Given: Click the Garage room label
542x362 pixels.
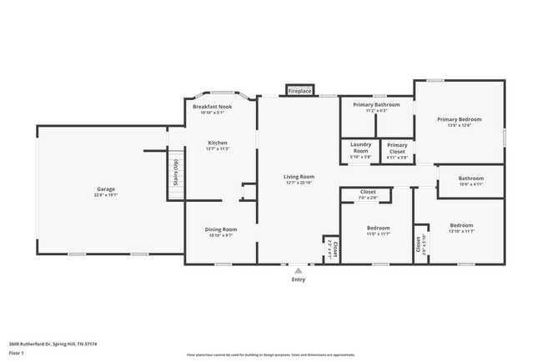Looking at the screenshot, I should coord(106,189).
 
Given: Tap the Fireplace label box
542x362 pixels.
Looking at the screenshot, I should coord(299,90).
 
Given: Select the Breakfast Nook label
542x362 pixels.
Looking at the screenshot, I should coord(213,107).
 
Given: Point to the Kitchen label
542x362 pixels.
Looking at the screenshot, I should coord(218,143).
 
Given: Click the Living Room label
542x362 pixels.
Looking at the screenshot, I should coord(299,176).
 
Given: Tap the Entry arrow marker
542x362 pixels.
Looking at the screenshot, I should coord(298,270).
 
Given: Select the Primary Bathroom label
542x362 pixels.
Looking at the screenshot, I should coord(376,104).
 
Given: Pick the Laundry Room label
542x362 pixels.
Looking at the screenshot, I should coord(360,146).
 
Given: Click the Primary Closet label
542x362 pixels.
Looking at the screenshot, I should coord(397,148).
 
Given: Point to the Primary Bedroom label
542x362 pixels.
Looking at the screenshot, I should coord(459,119).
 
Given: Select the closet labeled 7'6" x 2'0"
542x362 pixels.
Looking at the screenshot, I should coord(368,192).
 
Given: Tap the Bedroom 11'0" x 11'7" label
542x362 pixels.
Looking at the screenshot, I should coord(378,228).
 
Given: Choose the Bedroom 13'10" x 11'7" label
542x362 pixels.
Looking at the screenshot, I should coord(461,225).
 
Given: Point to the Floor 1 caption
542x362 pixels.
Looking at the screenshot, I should coord(17,353).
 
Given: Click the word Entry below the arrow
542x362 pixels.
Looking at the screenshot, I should coord(298,279).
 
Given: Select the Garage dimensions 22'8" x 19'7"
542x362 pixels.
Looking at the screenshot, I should coord(106,195).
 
